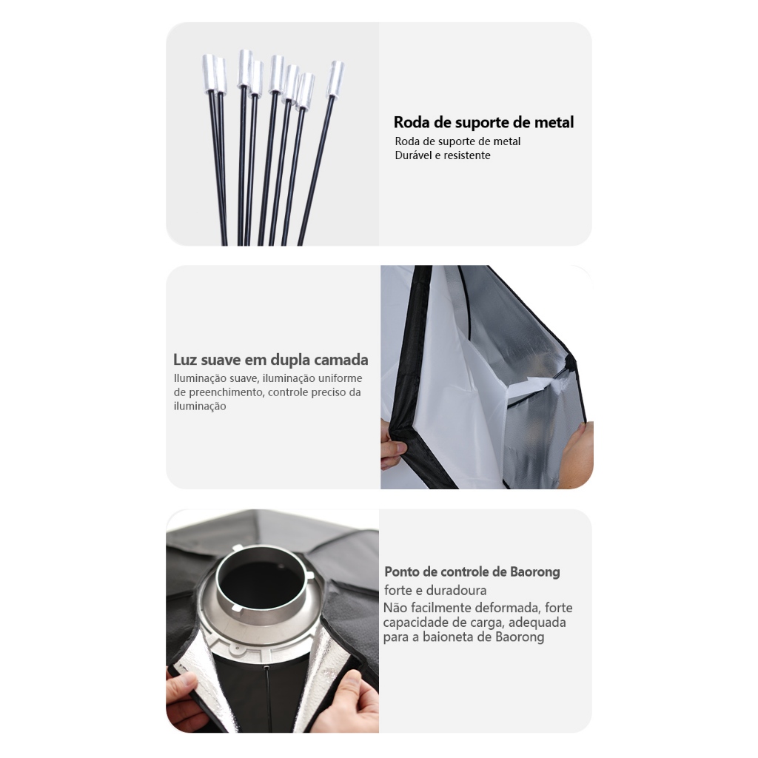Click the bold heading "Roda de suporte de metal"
tap(483, 122)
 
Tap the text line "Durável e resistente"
tap(443, 155)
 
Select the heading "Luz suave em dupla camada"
tap(271, 360)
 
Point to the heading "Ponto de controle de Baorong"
tap(472, 572)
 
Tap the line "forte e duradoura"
tap(435, 590)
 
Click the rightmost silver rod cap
tap(335, 78)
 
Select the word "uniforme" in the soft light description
tap(340, 378)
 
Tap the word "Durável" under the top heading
tap(412, 155)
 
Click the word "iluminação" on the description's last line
tap(200, 406)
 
